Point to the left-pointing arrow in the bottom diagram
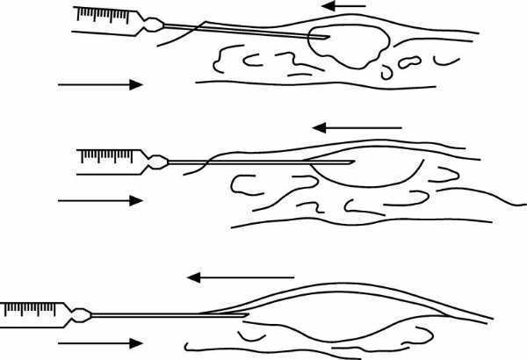pyautogui.click(x=230, y=277)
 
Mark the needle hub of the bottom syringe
pyautogui.click(x=82, y=313)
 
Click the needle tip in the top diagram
pyautogui.click(x=328, y=38)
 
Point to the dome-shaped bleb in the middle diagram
pyautogui.click(x=365, y=173)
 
